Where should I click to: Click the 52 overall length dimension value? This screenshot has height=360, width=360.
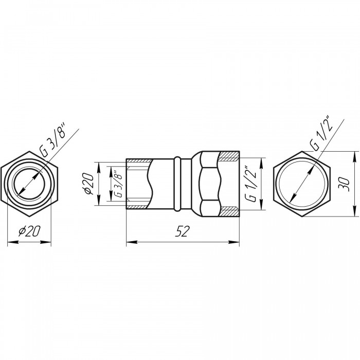(183, 231)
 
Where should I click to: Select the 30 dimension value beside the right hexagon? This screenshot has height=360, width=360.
(344, 184)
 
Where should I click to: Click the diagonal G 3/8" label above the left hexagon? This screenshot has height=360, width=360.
(52, 139)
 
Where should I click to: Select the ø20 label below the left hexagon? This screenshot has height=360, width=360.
(30, 231)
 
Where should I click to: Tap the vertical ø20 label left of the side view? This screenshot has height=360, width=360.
(89, 184)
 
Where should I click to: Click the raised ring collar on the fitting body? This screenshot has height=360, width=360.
(177, 184)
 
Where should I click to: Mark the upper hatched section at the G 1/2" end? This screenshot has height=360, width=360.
(229, 156)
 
